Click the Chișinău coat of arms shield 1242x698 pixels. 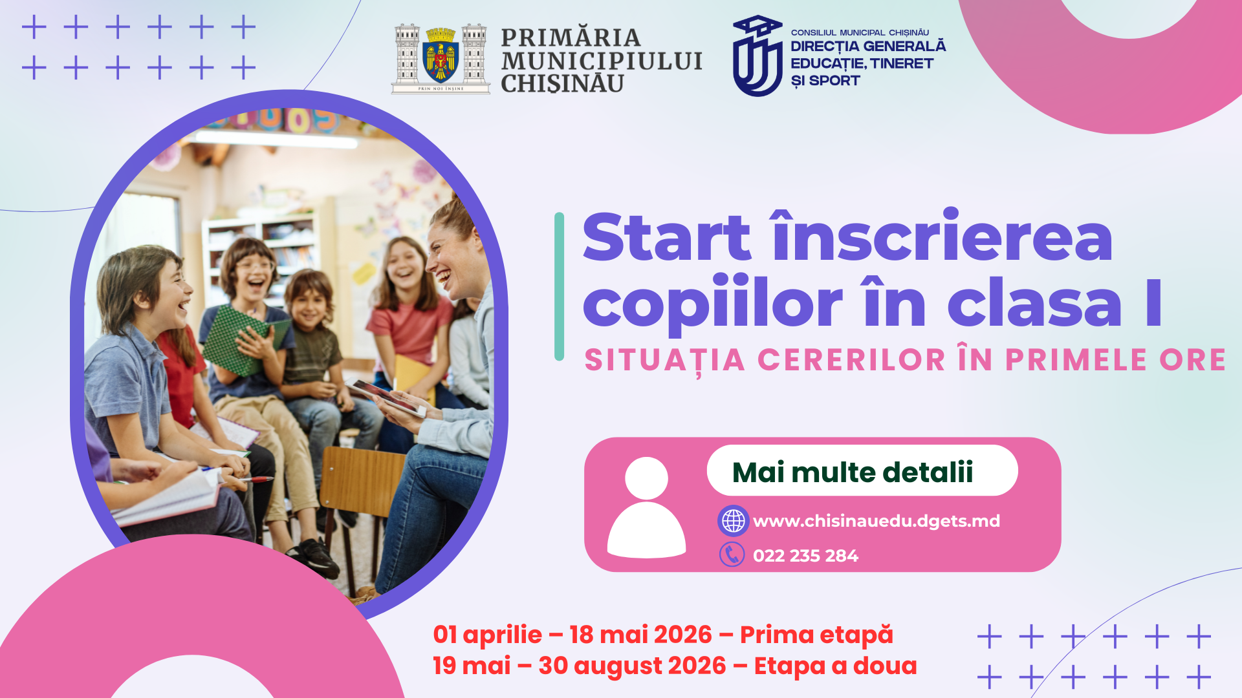(x=441, y=58)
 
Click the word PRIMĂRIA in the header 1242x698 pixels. (x=570, y=37)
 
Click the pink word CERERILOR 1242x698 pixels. (x=851, y=360)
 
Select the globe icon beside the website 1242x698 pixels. (x=733, y=521)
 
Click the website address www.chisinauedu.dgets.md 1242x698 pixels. (x=877, y=521)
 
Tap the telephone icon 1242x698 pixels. (x=732, y=555)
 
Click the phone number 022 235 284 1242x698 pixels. (x=805, y=556)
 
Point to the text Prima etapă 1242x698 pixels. (x=816, y=635)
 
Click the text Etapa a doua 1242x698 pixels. (x=835, y=666)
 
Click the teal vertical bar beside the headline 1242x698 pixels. (x=560, y=286)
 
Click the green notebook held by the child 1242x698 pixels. (x=236, y=339)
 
